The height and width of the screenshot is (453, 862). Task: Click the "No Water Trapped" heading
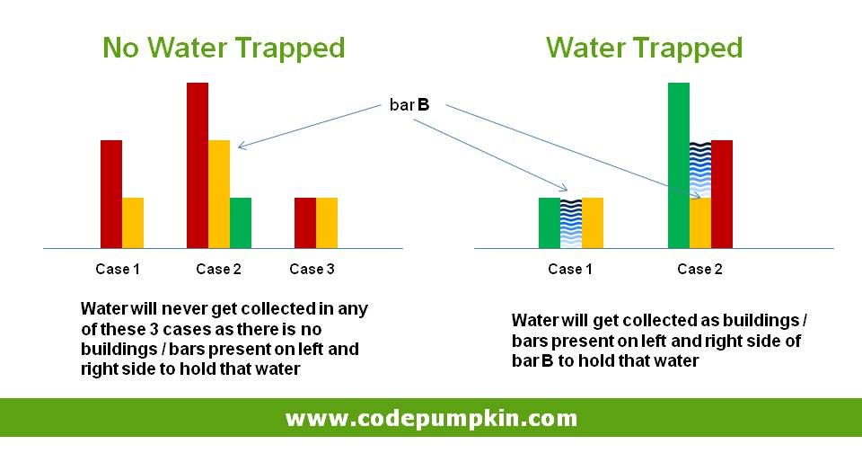pos(224,48)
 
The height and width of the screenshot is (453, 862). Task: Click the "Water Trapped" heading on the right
pos(645,48)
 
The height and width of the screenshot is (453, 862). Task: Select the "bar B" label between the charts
pos(409,104)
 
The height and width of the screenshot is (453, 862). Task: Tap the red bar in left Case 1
pos(111,194)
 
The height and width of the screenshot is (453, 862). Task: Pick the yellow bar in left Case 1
pos(133,223)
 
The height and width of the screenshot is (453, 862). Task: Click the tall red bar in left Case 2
pos(198,165)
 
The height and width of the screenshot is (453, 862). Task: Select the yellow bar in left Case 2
pos(219,194)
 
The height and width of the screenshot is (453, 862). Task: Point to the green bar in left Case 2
pos(241,223)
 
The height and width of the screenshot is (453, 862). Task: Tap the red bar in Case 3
pos(305,223)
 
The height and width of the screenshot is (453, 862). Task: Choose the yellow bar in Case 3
pos(327,223)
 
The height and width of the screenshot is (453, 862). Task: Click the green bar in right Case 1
pos(550,223)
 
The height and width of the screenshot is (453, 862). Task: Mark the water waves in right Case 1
pos(571,224)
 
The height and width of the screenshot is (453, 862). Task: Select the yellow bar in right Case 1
pos(592,223)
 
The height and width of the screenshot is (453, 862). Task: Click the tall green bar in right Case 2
pos(679,165)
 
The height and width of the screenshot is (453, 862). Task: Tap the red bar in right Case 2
pos(722,194)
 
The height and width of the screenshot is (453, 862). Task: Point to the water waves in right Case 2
pos(700,170)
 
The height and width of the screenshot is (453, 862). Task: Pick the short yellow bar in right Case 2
pos(700,223)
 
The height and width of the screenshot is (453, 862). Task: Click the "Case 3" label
pos(312,269)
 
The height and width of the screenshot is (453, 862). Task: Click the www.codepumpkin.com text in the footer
pos(432,418)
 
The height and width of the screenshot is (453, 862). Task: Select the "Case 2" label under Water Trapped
pos(699,269)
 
